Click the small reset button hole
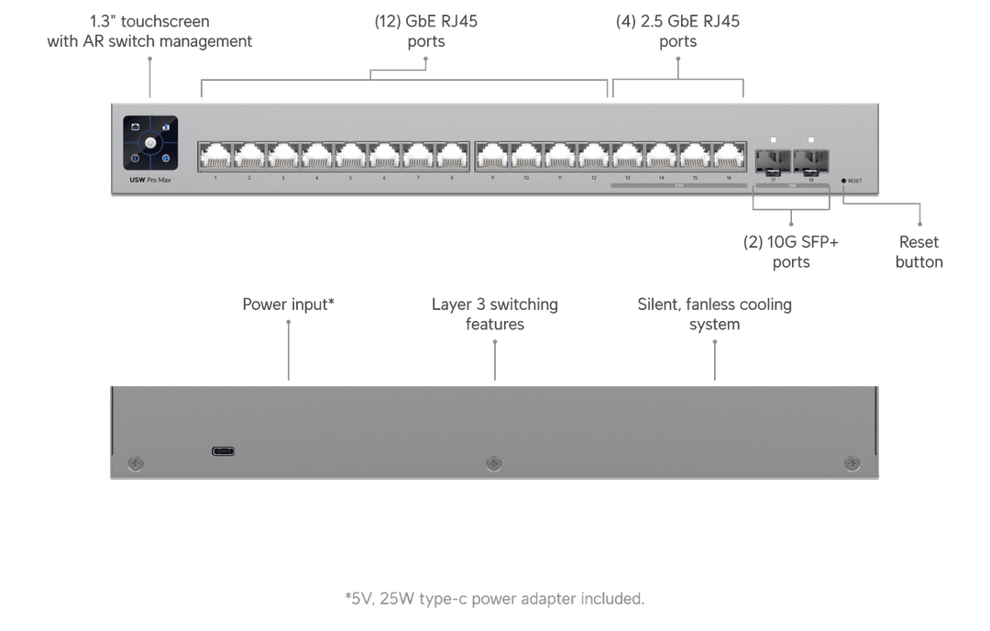point(843,181)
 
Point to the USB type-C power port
point(223,451)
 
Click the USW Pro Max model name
point(149,180)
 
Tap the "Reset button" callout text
point(918,252)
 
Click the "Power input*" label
point(288,304)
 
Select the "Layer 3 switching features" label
point(494,314)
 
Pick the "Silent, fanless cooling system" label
point(714,314)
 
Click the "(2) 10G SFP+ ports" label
point(790,252)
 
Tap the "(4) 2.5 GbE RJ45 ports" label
point(677,31)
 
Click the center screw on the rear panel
point(494,462)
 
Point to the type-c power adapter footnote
point(495,599)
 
